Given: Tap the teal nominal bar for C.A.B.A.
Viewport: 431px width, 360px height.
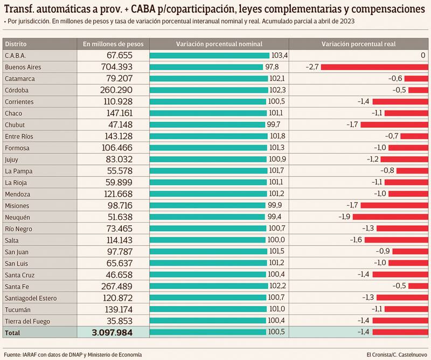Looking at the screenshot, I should pos(209,55).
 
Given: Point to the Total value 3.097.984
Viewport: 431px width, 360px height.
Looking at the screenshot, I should pos(112,333).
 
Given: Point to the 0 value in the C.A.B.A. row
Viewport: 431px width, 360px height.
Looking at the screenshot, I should pos(423,55).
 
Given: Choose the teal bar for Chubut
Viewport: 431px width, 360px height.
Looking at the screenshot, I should pos(207,124).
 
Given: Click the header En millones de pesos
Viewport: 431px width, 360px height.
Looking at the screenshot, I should pos(113,44).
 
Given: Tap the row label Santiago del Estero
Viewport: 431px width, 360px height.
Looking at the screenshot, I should pos(30,298).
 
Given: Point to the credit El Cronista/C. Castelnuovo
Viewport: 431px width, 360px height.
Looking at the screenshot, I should pos(396,354).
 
